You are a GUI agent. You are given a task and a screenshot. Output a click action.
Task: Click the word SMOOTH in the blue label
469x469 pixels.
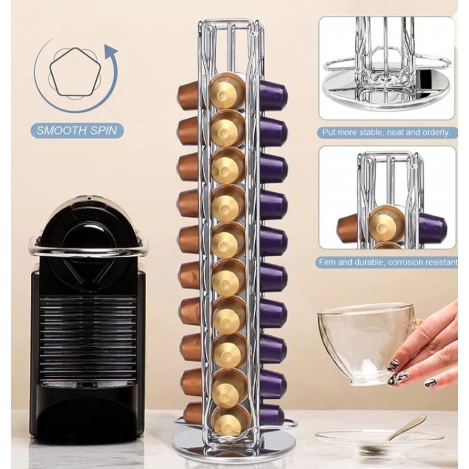[61, 130]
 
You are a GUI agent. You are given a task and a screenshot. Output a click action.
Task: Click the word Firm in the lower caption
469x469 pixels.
[327, 262]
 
